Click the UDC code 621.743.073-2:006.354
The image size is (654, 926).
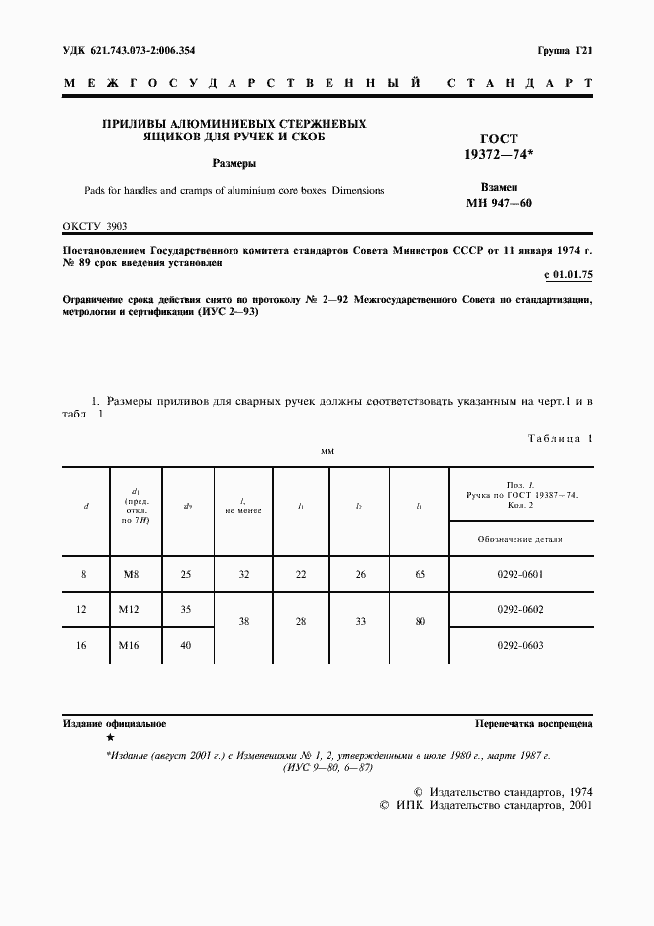click(129, 48)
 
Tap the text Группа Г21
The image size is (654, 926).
click(565, 48)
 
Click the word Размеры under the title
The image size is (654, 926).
click(234, 163)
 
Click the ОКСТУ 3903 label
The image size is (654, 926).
click(94, 226)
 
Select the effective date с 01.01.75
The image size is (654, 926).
click(568, 273)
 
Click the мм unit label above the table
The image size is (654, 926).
click(327, 451)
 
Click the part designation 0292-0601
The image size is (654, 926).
click(519, 573)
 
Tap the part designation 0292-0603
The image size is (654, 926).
click(519, 645)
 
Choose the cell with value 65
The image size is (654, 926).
click(420, 573)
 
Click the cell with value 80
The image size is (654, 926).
click(420, 622)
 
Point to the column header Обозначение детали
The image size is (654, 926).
click(519, 540)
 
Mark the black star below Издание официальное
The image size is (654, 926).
click(110, 738)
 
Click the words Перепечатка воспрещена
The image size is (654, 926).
click(533, 724)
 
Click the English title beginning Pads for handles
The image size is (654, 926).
click(234, 190)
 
